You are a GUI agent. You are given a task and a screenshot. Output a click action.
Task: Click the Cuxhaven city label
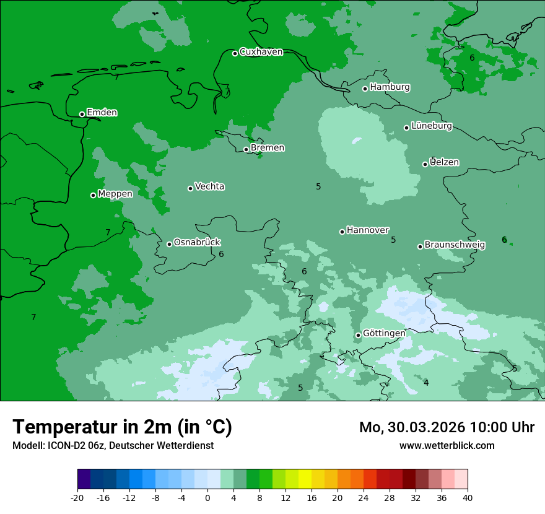[x=261, y=52]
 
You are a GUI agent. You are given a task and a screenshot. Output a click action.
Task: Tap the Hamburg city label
[x=390, y=87]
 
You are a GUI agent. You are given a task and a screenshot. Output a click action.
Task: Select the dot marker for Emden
[x=82, y=114]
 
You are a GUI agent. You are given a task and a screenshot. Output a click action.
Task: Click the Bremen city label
[x=268, y=148]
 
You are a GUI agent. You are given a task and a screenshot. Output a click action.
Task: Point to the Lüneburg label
[x=432, y=126]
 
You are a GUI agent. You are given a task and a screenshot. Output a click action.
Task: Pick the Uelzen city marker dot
[x=425, y=164]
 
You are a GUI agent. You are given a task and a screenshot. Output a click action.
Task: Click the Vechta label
[x=209, y=186]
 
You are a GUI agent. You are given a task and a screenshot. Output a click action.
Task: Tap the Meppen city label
[x=115, y=194]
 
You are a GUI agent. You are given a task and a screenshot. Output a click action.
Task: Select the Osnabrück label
[x=197, y=242]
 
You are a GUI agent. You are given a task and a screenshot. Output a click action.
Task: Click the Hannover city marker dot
[x=342, y=232]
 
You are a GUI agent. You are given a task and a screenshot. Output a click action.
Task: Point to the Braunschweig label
[x=455, y=245]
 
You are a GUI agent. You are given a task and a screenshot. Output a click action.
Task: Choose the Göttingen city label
[x=384, y=333]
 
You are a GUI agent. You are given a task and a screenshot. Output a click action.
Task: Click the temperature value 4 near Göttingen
[x=426, y=383]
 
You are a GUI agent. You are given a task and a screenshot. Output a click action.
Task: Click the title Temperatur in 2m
[x=122, y=427]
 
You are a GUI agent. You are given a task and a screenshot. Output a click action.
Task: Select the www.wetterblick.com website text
[x=447, y=445]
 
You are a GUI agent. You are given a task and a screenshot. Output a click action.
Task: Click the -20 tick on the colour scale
[x=77, y=497]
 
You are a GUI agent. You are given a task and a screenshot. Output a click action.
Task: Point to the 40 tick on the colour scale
[x=468, y=497]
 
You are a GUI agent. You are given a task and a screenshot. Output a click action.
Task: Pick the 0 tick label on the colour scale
[x=207, y=497]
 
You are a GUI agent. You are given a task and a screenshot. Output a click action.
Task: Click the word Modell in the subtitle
[x=27, y=446]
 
